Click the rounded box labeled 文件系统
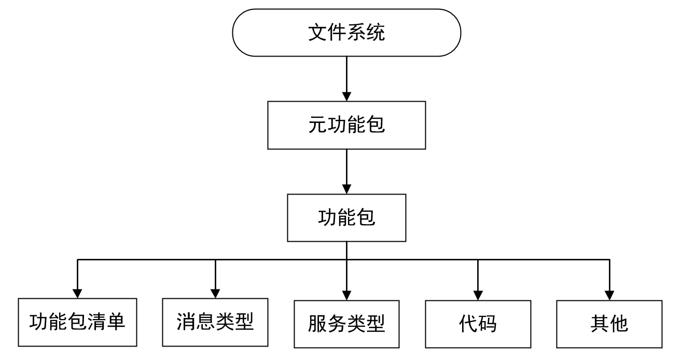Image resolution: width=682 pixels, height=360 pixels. (x=346, y=33)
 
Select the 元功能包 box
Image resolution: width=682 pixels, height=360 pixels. (x=346, y=125)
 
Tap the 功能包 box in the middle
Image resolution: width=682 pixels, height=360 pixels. (x=346, y=218)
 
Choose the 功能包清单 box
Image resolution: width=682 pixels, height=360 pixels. (x=78, y=323)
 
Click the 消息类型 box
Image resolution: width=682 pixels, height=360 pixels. (x=215, y=322)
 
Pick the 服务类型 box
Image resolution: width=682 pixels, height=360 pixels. (x=346, y=324)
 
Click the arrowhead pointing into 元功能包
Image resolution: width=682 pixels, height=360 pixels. (x=346, y=95)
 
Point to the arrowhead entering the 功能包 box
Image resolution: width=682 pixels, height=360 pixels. (x=346, y=188)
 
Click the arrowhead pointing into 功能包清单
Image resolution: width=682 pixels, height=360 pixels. (x=78, y=293)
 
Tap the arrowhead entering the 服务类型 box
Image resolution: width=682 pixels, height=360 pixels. (x=346, y=294)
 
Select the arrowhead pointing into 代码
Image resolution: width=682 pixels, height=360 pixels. (x=478, y=294)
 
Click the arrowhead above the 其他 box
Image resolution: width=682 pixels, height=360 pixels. (x=609, y=294)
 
